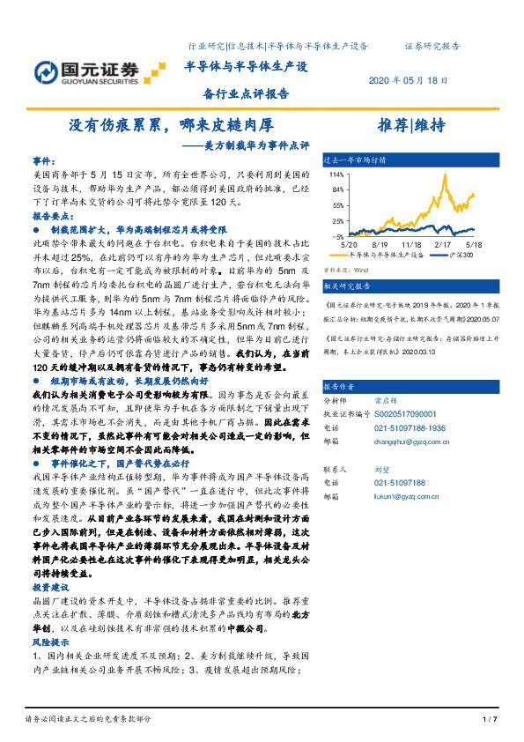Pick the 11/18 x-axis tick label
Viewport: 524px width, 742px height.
pos(411,244)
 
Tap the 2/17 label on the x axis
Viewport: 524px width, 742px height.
pos(444,244)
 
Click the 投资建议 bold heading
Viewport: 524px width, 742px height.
pos(49,610)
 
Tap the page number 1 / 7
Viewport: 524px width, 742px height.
pos(491,719)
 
